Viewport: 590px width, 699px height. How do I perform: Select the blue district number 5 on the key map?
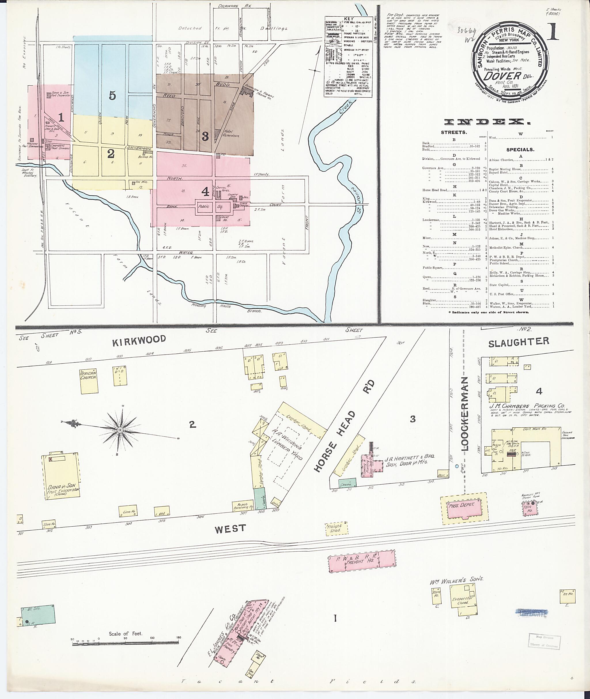pyautogui.click(x=112, y=96)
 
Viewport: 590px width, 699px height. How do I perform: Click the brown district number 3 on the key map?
pyautogui.click(x=205, y=136)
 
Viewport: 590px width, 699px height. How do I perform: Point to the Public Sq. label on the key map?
pyautogui.click(x=213, y=207)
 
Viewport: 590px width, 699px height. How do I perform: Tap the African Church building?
pyautogui.click(x=89, y=381)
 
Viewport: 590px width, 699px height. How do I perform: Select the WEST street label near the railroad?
pyautogui.click(x=230, y=529)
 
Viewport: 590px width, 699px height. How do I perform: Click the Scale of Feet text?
pyautogui.click(x=125, y=633)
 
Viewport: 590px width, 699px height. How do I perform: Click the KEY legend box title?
pyautogui.click(x=348, y=19)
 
